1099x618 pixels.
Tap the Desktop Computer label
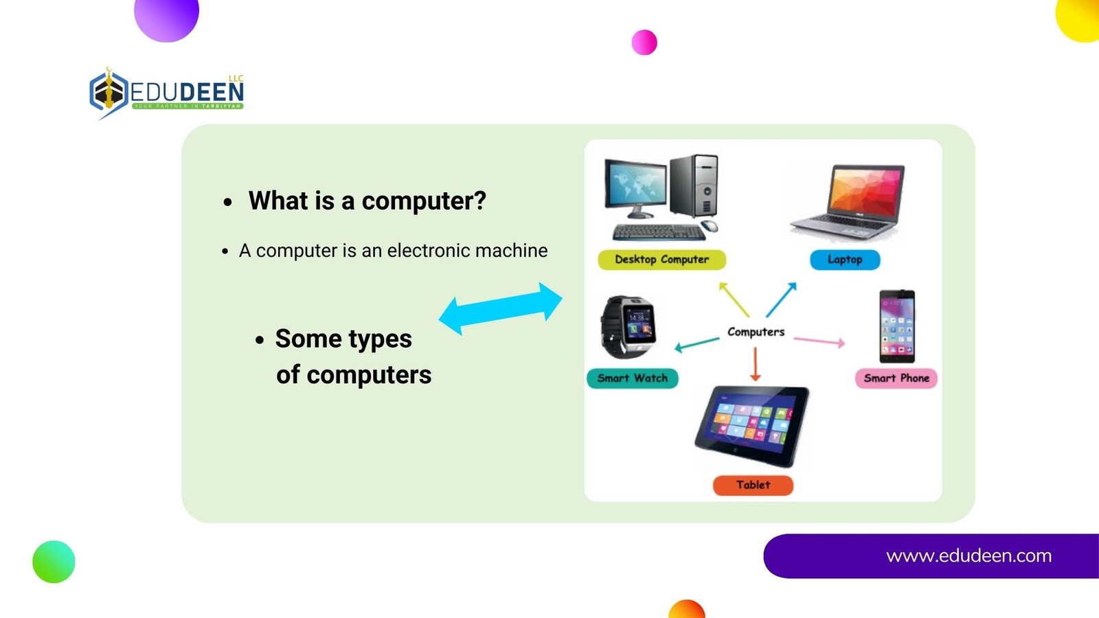tap(661, 260)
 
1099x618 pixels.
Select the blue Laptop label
tap(845, 260)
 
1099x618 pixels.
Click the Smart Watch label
tap(633, 378)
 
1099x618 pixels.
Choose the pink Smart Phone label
tap(896, 378)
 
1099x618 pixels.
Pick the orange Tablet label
tap(753, 485)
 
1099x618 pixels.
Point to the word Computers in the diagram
tap(756, 332)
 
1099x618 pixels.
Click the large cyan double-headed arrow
tap(501, 308)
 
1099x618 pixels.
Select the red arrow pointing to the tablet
tap(755, 365)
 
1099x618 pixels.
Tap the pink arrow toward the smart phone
tap(819, 341)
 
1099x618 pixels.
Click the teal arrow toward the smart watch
tap(697, 344)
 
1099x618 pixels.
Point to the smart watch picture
tap(628, 327)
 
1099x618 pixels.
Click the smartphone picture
tap(897, 327)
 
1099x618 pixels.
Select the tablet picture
tap(751, 426)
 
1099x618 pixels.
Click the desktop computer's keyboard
tap(659, 232)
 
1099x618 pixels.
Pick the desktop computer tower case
tap(694, 186)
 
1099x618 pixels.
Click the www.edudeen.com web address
tap(968, 556)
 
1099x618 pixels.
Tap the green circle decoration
tap(54, 562)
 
